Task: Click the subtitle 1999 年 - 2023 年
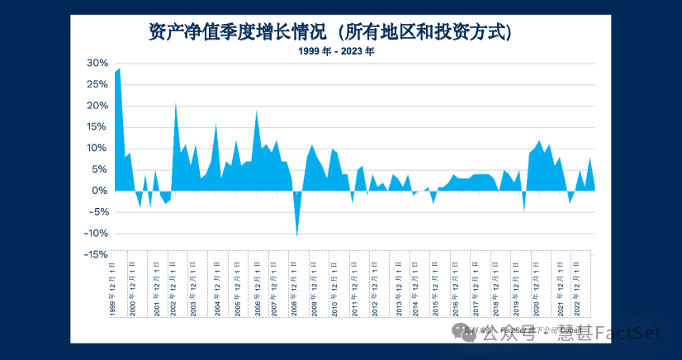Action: tap(336, 51)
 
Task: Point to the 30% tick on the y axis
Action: tap(98, 64)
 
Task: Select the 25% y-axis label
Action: tap(98, 85)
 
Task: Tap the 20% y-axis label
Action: tap(98, 106)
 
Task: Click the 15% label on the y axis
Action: tap(98, 127)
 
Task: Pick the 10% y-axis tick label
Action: tap(98, 149)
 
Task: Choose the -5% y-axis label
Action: tap(98, 212)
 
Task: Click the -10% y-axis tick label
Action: tap(97, 234)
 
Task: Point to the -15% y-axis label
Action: tap(97, 254)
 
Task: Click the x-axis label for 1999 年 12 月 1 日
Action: tap(112, 292)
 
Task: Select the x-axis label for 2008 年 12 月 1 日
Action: tap(294, 292)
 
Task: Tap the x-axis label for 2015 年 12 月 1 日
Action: tap(435, 292)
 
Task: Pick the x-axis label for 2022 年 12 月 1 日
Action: tap(575, 292)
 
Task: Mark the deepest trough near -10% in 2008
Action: tap(297, 235)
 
